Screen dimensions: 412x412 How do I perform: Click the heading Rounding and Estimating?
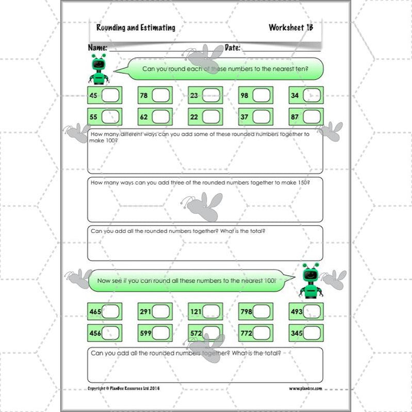click(x=136, y=28)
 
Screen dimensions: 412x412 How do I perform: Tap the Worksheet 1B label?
click(x=291, y=28)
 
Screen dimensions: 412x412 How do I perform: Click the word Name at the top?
click(x=98, y=47)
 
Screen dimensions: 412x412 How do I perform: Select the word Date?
click(x=232, y=47)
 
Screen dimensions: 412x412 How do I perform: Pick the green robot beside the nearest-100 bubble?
click(x=310, y=281)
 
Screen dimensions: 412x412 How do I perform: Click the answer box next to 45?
click(x=111, y=96)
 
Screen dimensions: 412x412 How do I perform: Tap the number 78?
click(x=144, y=96)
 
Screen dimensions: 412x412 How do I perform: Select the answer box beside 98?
click(x=262, y=96)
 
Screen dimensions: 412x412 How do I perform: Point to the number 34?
click(x=295, y=96)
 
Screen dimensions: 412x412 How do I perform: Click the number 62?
click(x=144, y=117)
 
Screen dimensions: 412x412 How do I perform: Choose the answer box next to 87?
click(x=312, y=117)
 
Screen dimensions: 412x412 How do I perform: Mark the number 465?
click(x=96, y=312)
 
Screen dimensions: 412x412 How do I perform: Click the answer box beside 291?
click(x=161, y=311)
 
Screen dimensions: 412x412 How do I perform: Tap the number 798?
click(x=247, y=312)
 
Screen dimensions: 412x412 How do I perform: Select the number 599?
click(x=146, y=334)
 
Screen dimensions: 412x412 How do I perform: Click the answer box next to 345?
click(x=313, y=333)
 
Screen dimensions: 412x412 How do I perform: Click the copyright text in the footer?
click(x=123, y=388)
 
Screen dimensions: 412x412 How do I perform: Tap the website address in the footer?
click(x=305, y=388)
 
